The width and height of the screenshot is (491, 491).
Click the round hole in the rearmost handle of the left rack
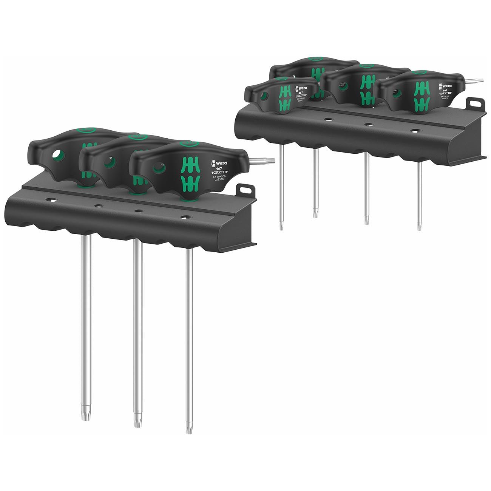click(58, 155)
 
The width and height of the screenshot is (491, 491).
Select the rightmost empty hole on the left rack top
click(185, 217)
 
